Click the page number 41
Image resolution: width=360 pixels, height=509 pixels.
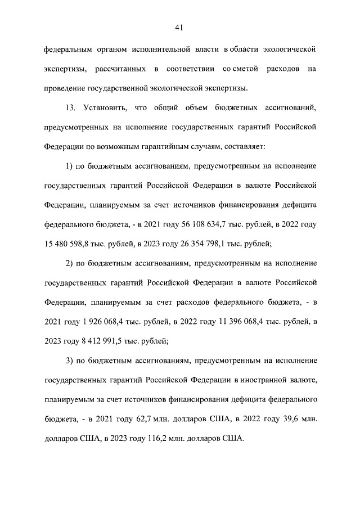click(180, 28)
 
